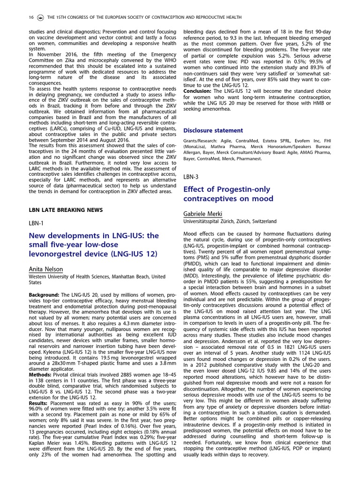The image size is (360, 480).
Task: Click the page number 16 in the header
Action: (x=30, y=17)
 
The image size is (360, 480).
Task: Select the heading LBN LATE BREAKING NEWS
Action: (x=65, y=210)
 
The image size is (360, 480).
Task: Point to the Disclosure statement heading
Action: (x=213, y=130)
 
